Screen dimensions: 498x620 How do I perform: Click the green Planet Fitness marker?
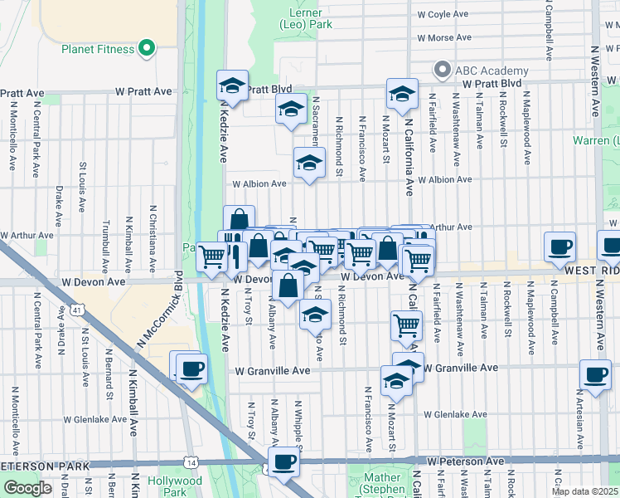147,49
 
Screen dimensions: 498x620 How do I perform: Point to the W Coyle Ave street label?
444,15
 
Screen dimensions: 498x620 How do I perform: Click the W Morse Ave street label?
444,38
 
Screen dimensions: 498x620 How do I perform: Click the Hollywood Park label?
175,486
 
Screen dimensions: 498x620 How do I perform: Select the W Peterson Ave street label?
465,461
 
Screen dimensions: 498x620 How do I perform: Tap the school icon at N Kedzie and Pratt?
233,85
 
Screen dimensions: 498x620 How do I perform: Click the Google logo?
27,488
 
